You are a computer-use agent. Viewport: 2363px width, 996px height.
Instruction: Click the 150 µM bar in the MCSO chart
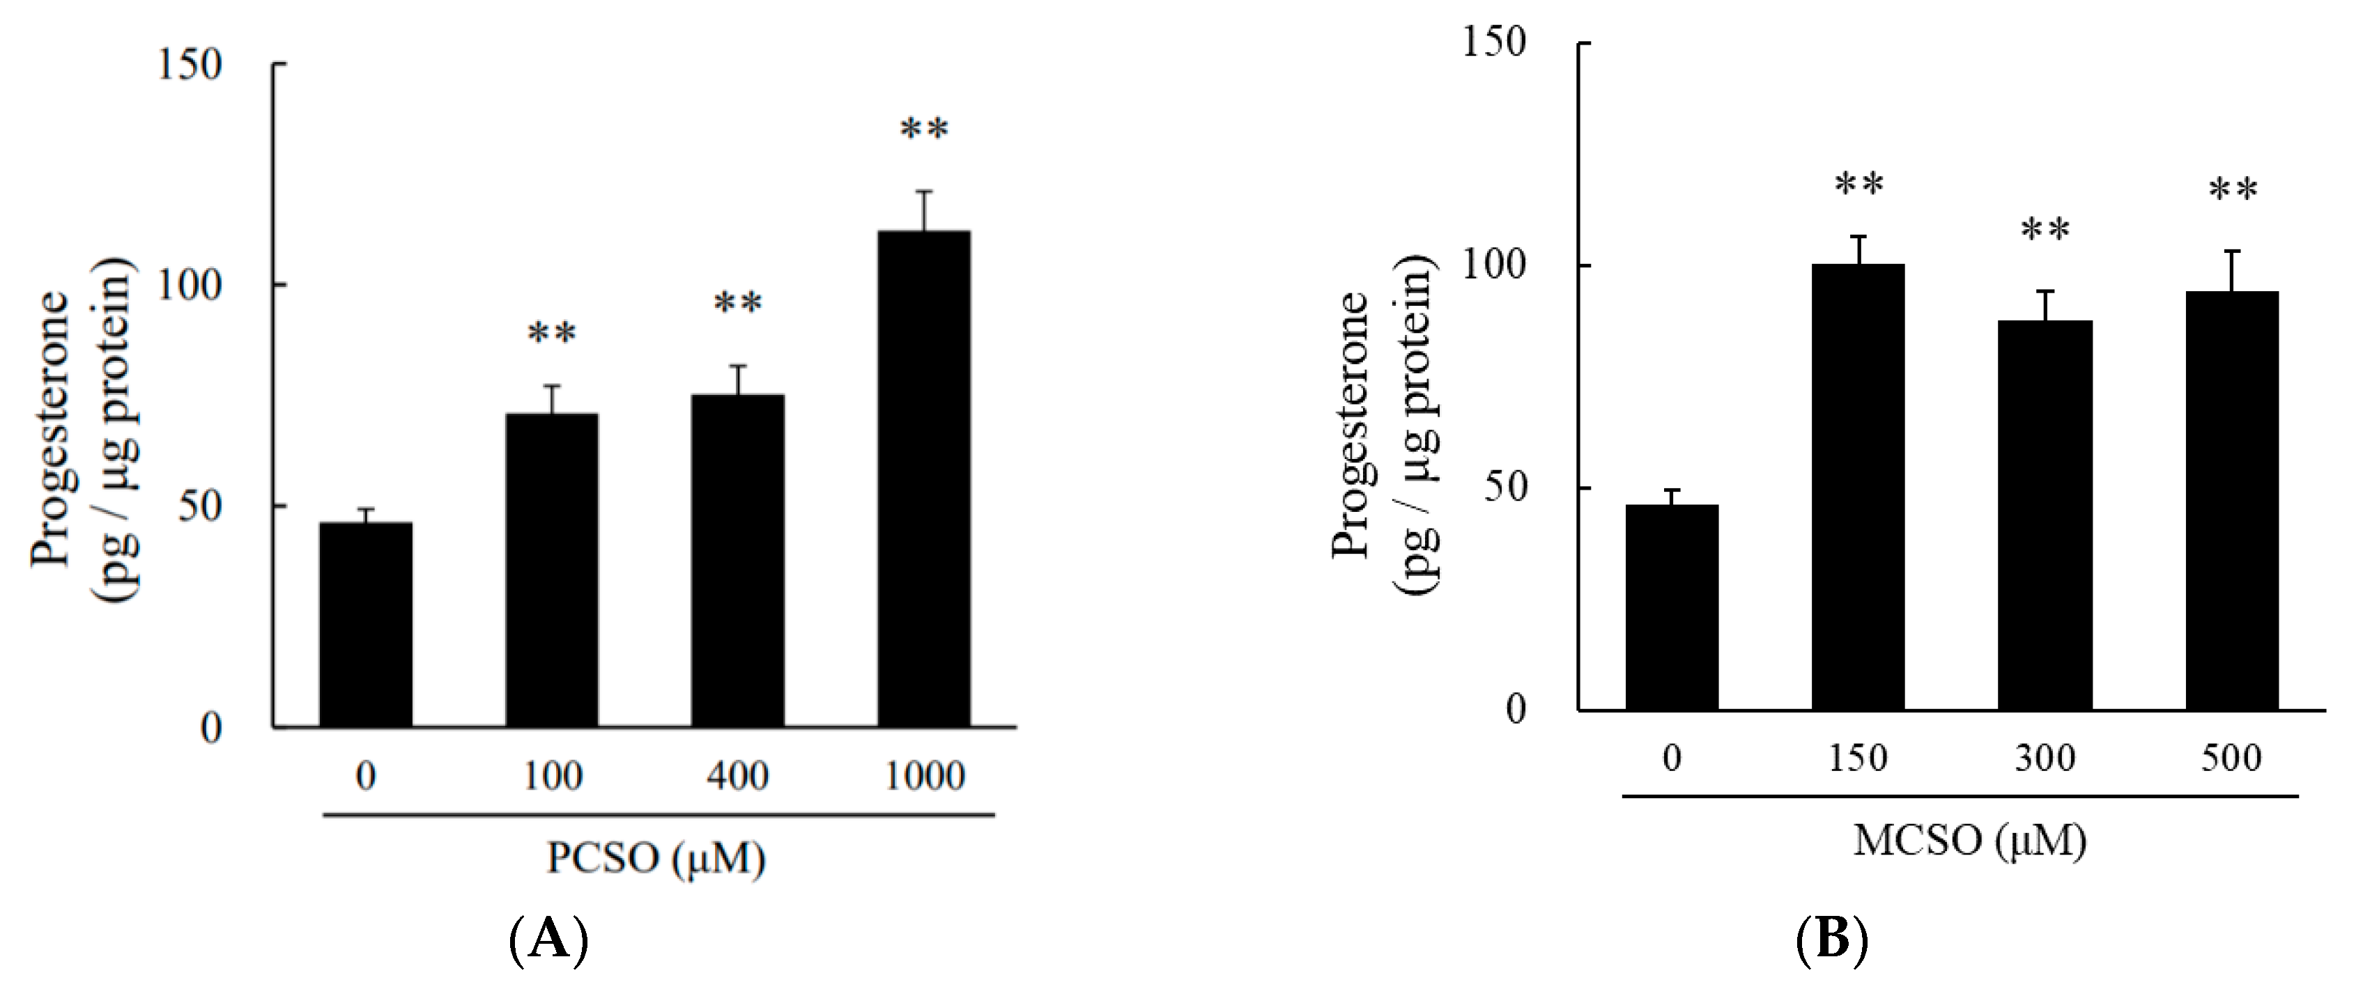1858,487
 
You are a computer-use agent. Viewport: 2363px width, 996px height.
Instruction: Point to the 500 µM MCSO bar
2232,501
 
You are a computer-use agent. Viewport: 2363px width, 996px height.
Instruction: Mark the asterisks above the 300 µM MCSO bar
2045,229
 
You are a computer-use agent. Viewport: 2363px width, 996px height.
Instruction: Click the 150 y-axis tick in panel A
190,65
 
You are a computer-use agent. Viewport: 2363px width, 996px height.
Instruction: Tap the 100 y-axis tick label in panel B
1493,265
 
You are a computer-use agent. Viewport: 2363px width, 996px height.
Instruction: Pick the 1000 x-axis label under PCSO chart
924,777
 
